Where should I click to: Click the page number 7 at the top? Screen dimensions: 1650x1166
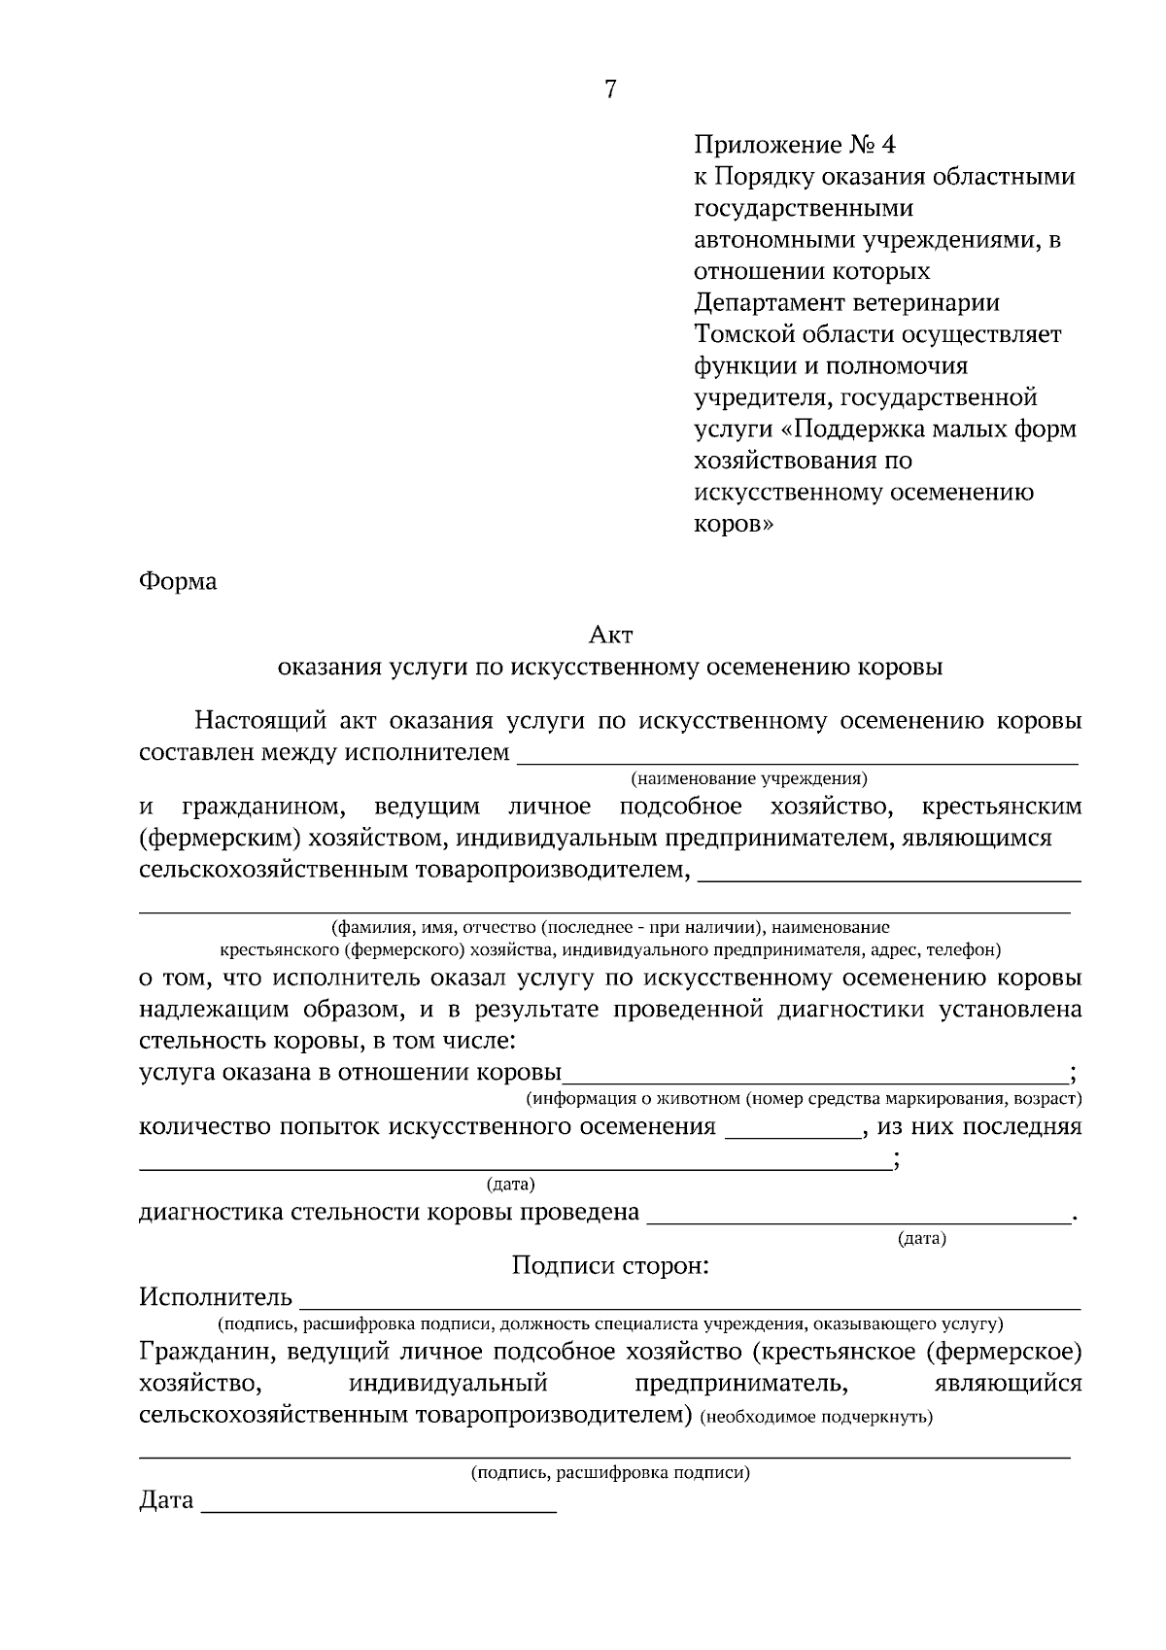(x=610, y=89)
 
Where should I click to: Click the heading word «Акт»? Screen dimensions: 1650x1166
(x=610, y=636)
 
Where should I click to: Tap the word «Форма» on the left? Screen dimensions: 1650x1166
(x=178, y=582)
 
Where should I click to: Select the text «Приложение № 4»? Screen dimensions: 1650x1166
(x=794, y=146)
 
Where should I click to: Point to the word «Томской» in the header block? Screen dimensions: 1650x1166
(x=743, y=335)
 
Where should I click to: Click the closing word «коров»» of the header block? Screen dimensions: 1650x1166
(x=735, y=524)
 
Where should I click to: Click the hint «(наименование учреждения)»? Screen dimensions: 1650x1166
(x=748, y=778)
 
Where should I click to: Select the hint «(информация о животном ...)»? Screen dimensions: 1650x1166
(x=804, y=1099)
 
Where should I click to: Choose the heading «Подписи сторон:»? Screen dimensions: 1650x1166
(x=610, y=1266)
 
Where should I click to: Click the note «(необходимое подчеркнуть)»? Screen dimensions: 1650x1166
(x=816, y=1417)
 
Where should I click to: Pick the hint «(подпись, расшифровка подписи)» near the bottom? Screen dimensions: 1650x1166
(x=610, y=1473)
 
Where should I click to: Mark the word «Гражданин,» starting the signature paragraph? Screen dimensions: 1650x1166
(x=199, y=1352)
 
